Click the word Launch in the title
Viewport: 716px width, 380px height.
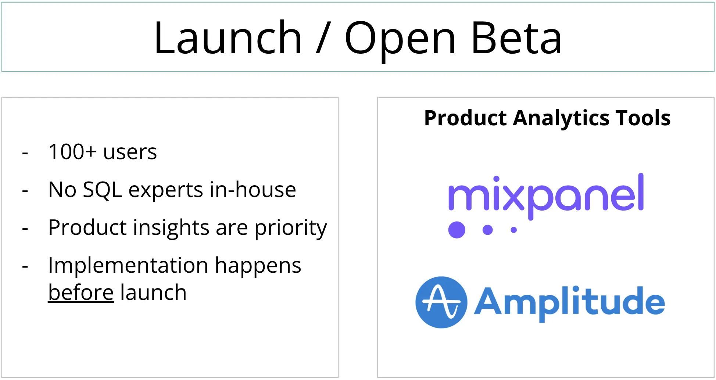click(x=228, y=38)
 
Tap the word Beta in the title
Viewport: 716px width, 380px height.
click(x=516, y=38)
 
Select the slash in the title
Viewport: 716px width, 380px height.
click(x=323, y=38)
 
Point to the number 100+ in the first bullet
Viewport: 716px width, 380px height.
click(x=72, y=151)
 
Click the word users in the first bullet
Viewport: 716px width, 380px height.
click(x=130, y=152)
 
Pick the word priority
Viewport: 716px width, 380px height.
click(x=290, y=228)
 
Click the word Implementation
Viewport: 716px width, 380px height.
click(x=128, y=265)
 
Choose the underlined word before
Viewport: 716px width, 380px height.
click(x=81, y=293)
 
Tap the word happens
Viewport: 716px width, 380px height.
click(x=258, y=266)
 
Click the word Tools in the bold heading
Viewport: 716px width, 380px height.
click(x=643, y=118)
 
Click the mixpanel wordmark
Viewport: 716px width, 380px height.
click(x=546, y=195)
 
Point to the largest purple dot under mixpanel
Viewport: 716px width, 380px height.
click(x=457, y=230)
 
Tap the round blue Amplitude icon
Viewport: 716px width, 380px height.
click(x=441, y=302)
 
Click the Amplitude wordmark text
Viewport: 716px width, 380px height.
click(x=569, y=302)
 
